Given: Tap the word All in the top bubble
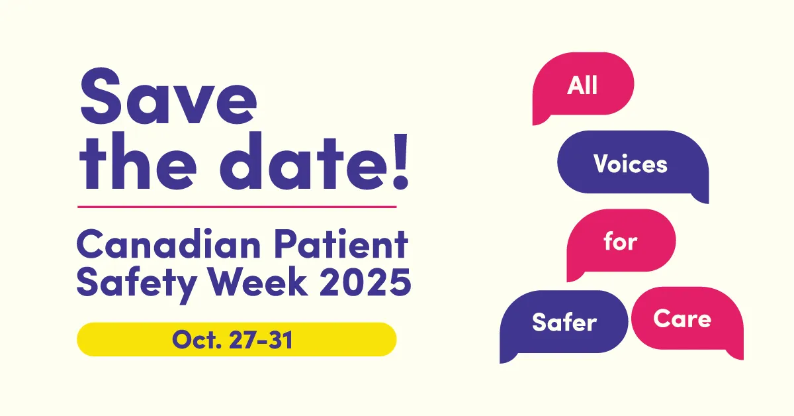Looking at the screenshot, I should pyautogui.click(x=582, y=85).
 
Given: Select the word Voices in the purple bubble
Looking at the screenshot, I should pyautogui.click(x=630, y=164).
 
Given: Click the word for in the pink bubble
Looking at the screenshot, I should pyautogui.click(x=620, y=242).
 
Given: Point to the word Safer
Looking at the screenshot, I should pyautogui.click(x=564, y=323).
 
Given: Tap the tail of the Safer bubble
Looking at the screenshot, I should pyautogui.click(x=506, y=356).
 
